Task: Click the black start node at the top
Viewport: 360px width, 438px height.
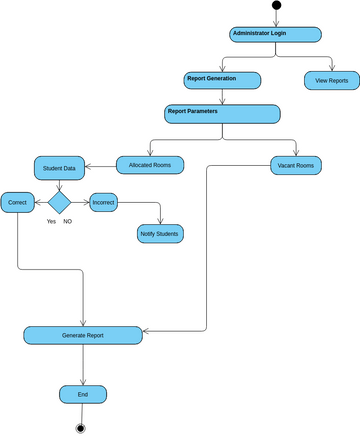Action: pos(276,6)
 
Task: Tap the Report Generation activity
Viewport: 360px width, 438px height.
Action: pos(222,79)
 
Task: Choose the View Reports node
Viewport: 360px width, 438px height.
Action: pos(331,79)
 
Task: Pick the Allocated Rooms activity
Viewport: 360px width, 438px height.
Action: pos(150,165)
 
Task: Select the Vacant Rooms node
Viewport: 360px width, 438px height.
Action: pos(295,165)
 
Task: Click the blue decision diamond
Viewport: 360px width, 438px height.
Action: pos(60,202)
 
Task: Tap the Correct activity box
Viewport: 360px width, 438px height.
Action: pos(18,202)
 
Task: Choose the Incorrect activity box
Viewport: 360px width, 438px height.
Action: pos(104,202)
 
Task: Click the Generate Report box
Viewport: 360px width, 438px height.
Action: pos(83,335)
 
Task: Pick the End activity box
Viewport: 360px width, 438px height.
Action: pos(83,395)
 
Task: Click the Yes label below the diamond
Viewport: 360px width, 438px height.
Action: pos(51,221)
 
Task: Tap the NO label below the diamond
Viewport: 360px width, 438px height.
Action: pos(68,221)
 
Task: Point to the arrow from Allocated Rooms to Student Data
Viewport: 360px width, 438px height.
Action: pos(101,166)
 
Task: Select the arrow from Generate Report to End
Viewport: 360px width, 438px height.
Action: pos(83,365)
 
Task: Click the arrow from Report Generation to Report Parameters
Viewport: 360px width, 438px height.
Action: pos(222,96)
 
